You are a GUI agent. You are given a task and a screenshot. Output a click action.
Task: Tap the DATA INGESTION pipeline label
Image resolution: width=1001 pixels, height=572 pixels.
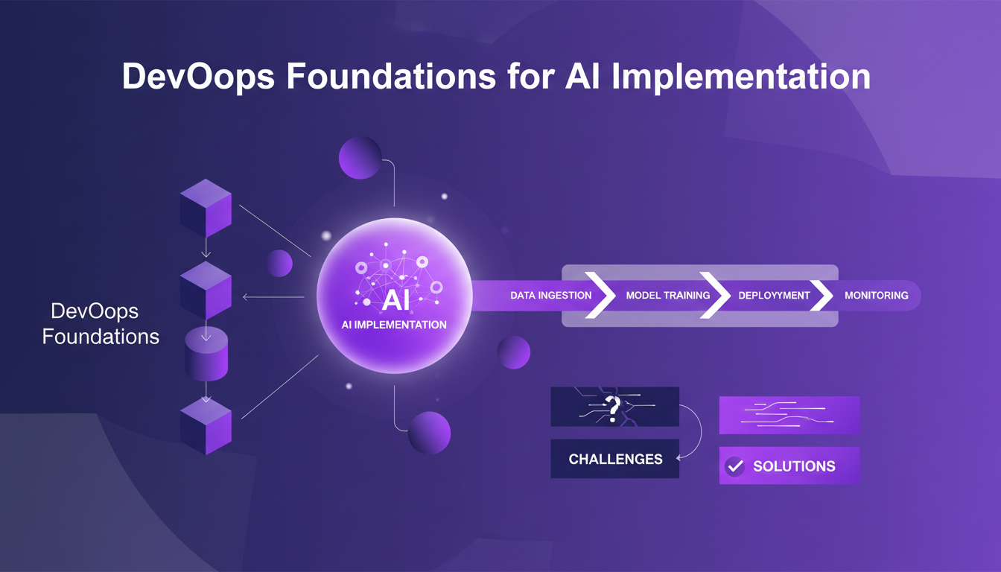tap(550, 296)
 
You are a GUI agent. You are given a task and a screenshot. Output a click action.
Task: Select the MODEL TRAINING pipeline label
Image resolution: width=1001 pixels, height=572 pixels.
tap(667, 296)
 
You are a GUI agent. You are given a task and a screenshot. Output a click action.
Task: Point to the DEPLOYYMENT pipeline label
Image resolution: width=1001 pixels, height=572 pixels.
tap(773, 296)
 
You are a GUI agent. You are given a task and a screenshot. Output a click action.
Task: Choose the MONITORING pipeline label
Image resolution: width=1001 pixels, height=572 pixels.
tap(876, 296)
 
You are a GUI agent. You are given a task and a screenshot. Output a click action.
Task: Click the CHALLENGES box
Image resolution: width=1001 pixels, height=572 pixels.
tap(614, 459)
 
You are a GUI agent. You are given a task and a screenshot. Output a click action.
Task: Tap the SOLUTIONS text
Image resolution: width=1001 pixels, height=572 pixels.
tap(794, 466)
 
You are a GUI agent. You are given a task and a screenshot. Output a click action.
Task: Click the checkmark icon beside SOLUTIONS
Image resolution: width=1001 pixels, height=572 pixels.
tap(735, 466)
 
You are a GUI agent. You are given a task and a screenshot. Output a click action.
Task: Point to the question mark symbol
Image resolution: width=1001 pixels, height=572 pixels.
tap(612, 407)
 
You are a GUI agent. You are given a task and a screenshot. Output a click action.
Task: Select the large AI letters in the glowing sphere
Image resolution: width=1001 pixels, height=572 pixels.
tap(395, 301)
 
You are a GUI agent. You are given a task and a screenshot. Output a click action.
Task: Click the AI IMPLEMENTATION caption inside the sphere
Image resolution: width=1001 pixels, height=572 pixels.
tap(395, 325)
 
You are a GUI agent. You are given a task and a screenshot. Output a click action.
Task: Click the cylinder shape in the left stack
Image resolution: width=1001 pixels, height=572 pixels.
tap(206, 354)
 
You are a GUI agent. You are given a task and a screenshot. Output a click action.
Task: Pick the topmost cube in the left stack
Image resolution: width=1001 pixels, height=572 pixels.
tap(206, 208)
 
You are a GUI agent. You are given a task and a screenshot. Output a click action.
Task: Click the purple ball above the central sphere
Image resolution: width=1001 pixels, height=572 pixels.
tap(360, 157)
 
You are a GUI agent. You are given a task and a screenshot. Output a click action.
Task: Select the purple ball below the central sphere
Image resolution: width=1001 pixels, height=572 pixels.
tap(429, 432)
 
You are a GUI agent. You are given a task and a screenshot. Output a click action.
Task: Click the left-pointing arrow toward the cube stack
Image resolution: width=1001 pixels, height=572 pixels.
tap(273, 297)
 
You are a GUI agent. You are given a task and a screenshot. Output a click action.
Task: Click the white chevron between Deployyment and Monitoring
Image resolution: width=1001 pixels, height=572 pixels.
tap(822, 296)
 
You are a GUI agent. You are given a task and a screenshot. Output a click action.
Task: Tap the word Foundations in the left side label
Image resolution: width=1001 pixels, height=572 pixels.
tap(101, 336)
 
